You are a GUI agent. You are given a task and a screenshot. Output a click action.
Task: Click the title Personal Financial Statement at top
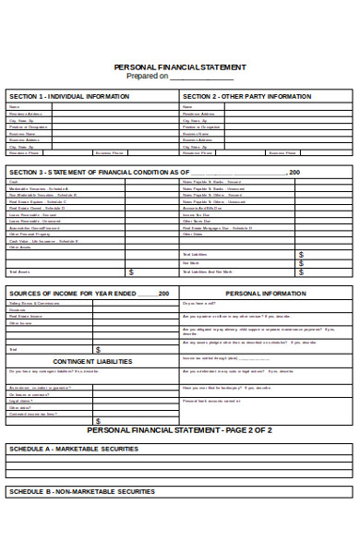pos(179,67)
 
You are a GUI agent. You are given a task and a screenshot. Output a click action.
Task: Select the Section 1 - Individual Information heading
pos(63,96)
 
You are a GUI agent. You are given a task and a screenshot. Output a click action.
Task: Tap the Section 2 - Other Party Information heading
pos(246,96)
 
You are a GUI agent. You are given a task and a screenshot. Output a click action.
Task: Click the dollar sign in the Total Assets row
pos(130,272)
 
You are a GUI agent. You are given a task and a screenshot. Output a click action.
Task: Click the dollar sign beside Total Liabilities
pos(301,254)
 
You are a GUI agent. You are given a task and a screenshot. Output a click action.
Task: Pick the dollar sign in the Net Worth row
pos(301,263)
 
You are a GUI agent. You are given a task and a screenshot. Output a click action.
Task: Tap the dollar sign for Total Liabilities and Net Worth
pos(301,272)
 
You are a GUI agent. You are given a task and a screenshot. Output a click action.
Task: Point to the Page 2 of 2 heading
pos(179,430)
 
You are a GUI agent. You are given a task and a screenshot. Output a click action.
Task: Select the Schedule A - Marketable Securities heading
pos(74,449)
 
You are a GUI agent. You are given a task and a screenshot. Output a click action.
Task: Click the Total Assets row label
pos(19,272)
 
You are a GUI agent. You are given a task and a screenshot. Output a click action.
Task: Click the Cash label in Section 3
pos(13,181)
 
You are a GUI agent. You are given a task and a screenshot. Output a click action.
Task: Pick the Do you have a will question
pos(200,303)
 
